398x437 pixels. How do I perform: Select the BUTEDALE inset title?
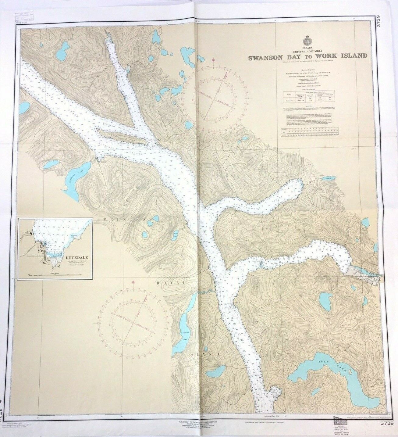tap(74, 257)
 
